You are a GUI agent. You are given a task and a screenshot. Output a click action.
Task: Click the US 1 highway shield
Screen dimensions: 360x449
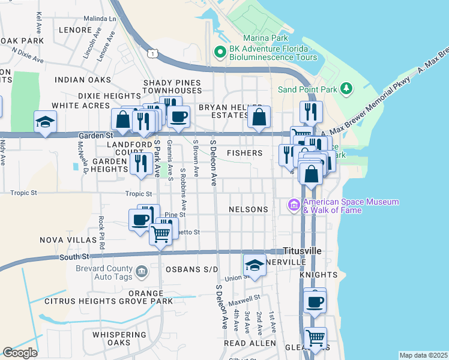click(155, 53)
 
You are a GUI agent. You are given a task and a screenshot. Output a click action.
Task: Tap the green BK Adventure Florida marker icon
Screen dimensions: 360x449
click(220, 53)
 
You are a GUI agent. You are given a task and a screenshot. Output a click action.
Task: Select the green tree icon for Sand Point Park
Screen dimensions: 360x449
click(346, 89)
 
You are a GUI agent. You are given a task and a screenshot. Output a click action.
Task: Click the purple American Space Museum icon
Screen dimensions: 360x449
click(294, 206)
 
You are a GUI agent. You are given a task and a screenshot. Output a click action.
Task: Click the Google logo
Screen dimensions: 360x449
click(20, 353)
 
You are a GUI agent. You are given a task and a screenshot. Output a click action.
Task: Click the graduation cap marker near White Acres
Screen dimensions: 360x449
click(45, 122)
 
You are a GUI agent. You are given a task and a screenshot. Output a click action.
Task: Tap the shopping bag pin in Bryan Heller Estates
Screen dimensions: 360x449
click(259, 117)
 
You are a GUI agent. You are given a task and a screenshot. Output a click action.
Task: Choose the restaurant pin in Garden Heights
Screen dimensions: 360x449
click(142, 163)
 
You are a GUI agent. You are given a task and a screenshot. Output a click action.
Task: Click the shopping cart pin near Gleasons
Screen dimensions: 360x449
click(315, 338)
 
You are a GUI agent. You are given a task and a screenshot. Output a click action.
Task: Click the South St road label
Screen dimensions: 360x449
click(74, 257)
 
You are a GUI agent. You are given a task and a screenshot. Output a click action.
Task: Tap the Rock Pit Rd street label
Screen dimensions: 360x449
click(102, 232)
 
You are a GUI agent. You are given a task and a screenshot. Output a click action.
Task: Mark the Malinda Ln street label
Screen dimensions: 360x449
click(100, 19)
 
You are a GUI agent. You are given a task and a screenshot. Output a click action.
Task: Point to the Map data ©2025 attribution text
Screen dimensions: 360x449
click(423, 355)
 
